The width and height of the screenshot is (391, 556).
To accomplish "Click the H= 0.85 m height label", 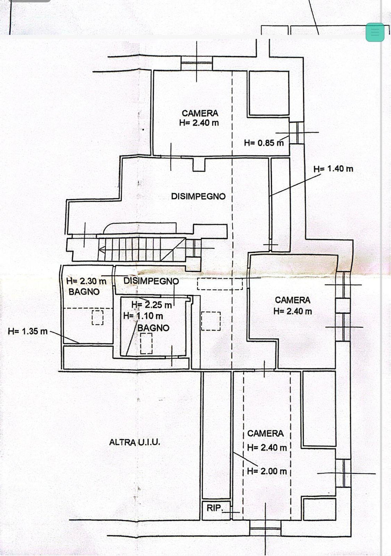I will tap(264, 143).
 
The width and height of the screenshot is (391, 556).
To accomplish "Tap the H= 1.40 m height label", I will tap(333, 169).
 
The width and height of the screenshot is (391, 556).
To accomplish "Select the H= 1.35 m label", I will tap(27, 331).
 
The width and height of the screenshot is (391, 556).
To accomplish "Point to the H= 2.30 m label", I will tap(86, 281).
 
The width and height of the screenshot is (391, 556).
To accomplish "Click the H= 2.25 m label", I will tap(152, 305).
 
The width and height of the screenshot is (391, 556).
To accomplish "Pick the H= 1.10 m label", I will tap(143, 316).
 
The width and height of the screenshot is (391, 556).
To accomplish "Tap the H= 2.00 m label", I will tap(267, 471).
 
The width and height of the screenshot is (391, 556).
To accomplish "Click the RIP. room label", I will tap(214, 508).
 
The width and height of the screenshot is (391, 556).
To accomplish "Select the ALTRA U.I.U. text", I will tap(134, 443).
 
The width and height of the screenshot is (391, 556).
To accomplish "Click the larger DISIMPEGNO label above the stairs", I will tap(198, 196).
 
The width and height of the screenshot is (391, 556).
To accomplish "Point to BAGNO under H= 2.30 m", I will tap(84, 292).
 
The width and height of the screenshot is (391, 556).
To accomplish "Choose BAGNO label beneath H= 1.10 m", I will tap(153, 327).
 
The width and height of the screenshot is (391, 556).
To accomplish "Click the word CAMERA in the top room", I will tap(200, 113).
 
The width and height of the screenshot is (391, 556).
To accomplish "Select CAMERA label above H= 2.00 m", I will tap(265, 433).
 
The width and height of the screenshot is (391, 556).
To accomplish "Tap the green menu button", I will tap(375, 32).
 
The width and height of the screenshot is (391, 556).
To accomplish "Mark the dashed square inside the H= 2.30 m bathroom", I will tap(97, 317).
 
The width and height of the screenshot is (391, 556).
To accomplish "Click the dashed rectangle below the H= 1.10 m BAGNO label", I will tap(146, 343).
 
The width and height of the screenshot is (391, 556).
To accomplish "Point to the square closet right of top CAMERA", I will tap(268, 93).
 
